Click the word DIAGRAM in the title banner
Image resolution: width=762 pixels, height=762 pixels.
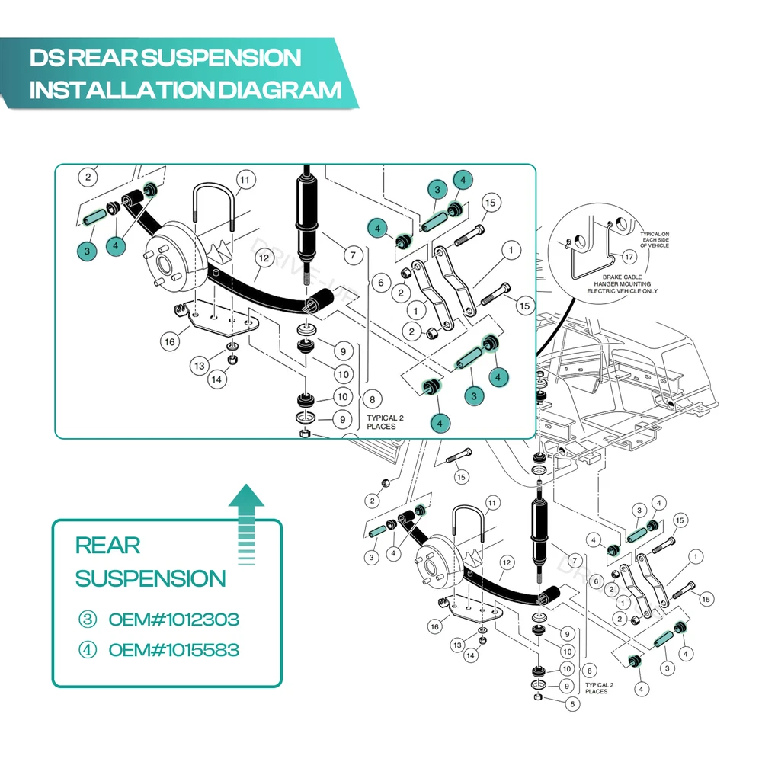click(280, 90)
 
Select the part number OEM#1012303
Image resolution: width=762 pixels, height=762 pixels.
click(174, 619)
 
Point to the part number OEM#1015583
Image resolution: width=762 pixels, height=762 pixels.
click(174, 650)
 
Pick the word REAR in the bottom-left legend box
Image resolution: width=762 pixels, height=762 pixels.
click(107, 546)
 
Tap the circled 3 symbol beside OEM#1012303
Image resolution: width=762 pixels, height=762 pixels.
click(88, 619)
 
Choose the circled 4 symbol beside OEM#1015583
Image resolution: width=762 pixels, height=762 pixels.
click(88, 650)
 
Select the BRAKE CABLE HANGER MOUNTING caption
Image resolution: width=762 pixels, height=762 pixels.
click(629, 283)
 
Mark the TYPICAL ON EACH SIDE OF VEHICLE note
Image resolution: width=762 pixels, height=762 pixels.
click(655, 240)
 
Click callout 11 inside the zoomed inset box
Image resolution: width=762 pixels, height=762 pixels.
click(244, 181)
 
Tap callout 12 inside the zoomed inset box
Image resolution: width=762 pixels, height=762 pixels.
click(264, 258)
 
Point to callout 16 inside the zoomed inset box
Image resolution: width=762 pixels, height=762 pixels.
click(169, 342)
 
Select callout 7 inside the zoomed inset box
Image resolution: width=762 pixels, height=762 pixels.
click(352, 256)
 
